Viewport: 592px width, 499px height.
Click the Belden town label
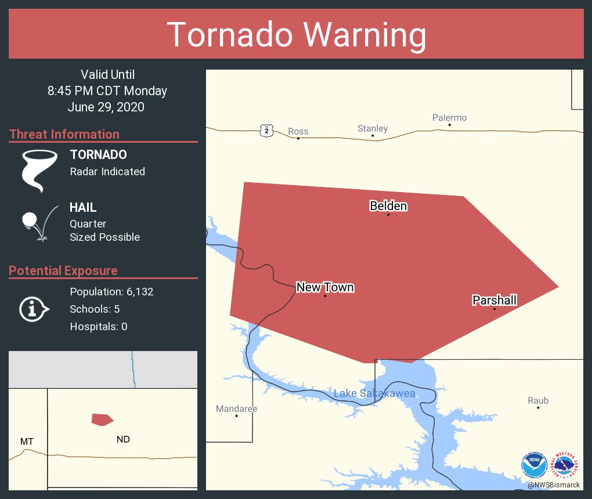point(388,206)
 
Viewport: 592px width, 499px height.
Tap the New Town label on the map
point(325,287)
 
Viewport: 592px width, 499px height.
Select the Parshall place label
point(494,300)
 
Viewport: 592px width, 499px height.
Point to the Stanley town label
point(373,128)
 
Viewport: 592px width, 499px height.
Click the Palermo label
point(449,118)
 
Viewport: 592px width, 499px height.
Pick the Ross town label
point(298,131)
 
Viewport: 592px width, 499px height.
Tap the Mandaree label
point(236,408)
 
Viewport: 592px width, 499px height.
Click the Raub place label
point(538,400)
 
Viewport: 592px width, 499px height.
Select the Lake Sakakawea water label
point(374,394)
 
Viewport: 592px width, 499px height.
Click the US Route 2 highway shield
point(266,131)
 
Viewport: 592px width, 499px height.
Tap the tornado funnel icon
point(39,170)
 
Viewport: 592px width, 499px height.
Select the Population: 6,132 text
point(111,291)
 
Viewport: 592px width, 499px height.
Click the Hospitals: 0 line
point(99,326)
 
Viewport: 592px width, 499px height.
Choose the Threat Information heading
point(64,134)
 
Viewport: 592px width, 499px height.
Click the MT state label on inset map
point(27,442)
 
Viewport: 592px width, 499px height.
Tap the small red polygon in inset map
point(102,420)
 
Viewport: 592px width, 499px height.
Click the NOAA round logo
point(534,465)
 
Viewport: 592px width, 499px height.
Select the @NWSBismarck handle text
point(554,484)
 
